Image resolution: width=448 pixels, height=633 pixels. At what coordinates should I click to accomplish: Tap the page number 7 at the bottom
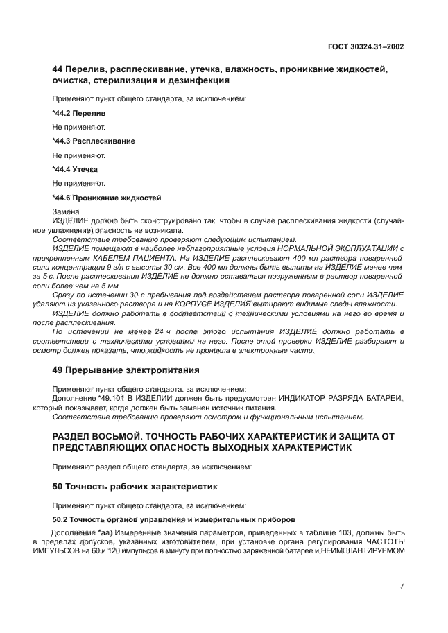402,586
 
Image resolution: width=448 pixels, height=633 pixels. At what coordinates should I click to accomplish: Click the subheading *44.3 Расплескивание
93,141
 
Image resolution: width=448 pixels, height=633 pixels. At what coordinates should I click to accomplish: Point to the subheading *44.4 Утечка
75,169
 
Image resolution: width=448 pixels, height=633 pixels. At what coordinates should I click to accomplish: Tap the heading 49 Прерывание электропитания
126,370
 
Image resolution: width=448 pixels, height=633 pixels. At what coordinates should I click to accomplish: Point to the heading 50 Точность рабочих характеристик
135,486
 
